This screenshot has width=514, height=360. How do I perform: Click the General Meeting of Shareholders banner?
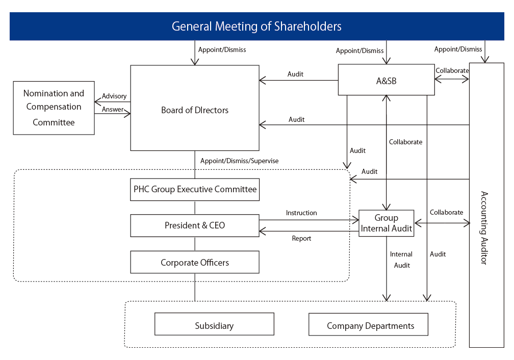tap(256, 27)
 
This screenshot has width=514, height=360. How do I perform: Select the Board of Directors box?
tap(195, 110)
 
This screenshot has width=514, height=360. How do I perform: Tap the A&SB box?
tap(386, 80)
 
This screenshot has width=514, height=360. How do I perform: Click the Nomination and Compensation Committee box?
tap(54, 108)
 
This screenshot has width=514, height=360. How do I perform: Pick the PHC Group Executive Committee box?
tap(195, 189)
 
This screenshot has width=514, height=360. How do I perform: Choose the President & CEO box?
tap(195, 225)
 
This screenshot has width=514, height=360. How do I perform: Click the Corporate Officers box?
tap(195, 263)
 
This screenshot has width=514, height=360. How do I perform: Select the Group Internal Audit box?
tap(386, 223)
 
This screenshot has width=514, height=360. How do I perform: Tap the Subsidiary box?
tap(214, 325)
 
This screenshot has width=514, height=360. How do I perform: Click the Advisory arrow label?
tap(114, 96)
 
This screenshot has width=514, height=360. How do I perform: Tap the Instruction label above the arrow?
tap(301, 213)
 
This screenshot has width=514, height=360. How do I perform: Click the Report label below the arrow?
tap(301, 238)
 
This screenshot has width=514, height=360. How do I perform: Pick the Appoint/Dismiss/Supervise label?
tap(239, 161)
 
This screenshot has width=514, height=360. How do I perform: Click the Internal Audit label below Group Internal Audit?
tap(401, 260)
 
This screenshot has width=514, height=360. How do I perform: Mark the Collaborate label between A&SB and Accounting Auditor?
tap(452, 70)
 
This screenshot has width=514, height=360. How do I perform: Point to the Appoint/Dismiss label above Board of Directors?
tap(222, 50)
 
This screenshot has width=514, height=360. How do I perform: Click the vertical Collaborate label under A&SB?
tap(405, 142)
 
